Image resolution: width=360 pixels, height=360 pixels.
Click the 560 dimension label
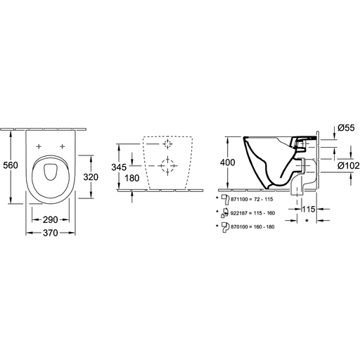pos(11,165)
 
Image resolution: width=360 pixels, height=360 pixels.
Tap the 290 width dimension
pos(51,220)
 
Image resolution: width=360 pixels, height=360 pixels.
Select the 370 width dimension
pos(51,233)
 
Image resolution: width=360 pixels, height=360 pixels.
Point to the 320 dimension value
pos(91,177)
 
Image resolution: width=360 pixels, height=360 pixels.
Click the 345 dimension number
pos(119,167)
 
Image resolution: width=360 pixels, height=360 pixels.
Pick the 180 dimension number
pos(132,179)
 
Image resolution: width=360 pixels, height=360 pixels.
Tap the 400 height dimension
pos(227,162)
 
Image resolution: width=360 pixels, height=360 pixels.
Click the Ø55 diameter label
pos(346,128)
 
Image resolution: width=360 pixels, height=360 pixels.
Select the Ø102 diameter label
pos(349,166)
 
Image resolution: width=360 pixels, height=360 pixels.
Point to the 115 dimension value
pos(308,209)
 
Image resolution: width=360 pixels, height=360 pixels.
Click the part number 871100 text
pos(239,200)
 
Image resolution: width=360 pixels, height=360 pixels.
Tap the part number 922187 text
pos(239,213)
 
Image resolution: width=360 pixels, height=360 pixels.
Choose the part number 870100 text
pos(239,227)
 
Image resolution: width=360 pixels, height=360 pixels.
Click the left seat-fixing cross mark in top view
pos(39,147)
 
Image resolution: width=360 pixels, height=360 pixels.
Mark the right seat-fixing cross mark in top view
pos(62,147)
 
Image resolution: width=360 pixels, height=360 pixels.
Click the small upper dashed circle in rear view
pos(168,143)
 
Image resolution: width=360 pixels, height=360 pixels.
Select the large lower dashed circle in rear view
pos(167,166)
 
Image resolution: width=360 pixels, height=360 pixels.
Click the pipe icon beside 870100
pos(226,228)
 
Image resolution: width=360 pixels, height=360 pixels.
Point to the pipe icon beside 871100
pos(226,200)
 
